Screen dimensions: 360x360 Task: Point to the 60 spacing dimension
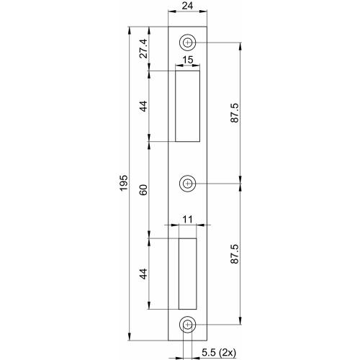pos(143,189)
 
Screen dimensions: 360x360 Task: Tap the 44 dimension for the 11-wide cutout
pos(143,274)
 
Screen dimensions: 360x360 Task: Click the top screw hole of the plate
pos(188,42)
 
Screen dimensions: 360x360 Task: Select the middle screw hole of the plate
pos(188,183)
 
